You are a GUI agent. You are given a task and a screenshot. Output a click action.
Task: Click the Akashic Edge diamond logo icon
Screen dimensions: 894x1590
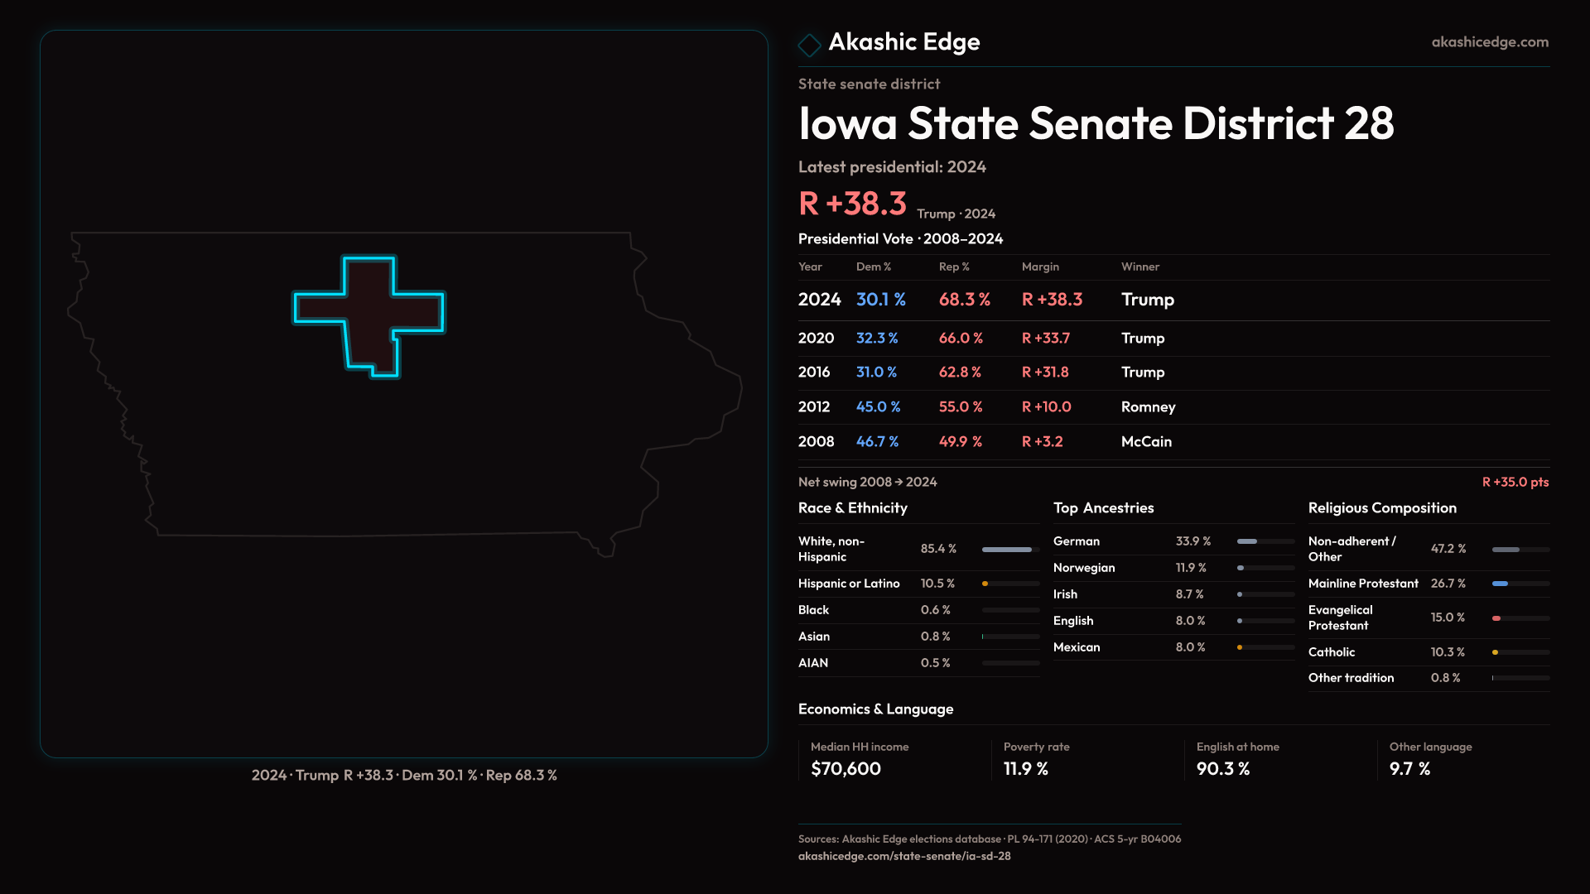(809, 44)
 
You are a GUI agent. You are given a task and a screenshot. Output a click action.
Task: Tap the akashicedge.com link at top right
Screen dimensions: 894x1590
(1490, 42)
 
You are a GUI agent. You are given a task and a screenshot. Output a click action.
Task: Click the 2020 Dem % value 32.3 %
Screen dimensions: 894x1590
(877, 338)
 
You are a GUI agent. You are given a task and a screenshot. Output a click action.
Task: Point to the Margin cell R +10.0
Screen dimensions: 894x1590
(1046, 406)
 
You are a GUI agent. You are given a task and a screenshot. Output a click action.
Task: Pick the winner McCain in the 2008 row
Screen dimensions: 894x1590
(1146, 441)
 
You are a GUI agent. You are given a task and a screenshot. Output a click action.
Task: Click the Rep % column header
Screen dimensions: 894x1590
(954, 267)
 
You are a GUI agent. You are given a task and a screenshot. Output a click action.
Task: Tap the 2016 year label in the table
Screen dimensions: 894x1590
(814, 372)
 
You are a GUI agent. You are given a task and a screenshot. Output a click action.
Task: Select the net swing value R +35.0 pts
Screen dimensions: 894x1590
(1515, 482)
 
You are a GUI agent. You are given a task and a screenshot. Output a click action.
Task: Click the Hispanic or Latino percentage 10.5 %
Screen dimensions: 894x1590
(937, 584)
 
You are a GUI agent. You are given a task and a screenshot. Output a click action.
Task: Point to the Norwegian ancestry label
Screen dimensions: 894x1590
(1084, 568)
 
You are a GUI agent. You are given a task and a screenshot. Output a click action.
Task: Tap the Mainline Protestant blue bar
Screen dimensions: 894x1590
(1501, 584)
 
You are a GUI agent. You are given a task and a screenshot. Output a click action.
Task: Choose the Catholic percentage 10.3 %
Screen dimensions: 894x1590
(1448, 652)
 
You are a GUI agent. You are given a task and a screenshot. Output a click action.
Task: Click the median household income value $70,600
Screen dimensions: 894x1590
(846, 768)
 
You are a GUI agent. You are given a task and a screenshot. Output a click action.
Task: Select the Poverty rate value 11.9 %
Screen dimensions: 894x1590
(1026, 768)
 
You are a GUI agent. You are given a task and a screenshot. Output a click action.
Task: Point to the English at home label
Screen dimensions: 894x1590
(1237, 747)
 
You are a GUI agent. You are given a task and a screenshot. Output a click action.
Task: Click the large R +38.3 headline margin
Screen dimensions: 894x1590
(852, 204)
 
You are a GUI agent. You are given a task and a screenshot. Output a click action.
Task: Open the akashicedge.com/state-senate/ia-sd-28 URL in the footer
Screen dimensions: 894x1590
(904, 856)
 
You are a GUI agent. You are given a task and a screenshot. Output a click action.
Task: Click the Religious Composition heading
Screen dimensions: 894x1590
(1382, 508)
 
